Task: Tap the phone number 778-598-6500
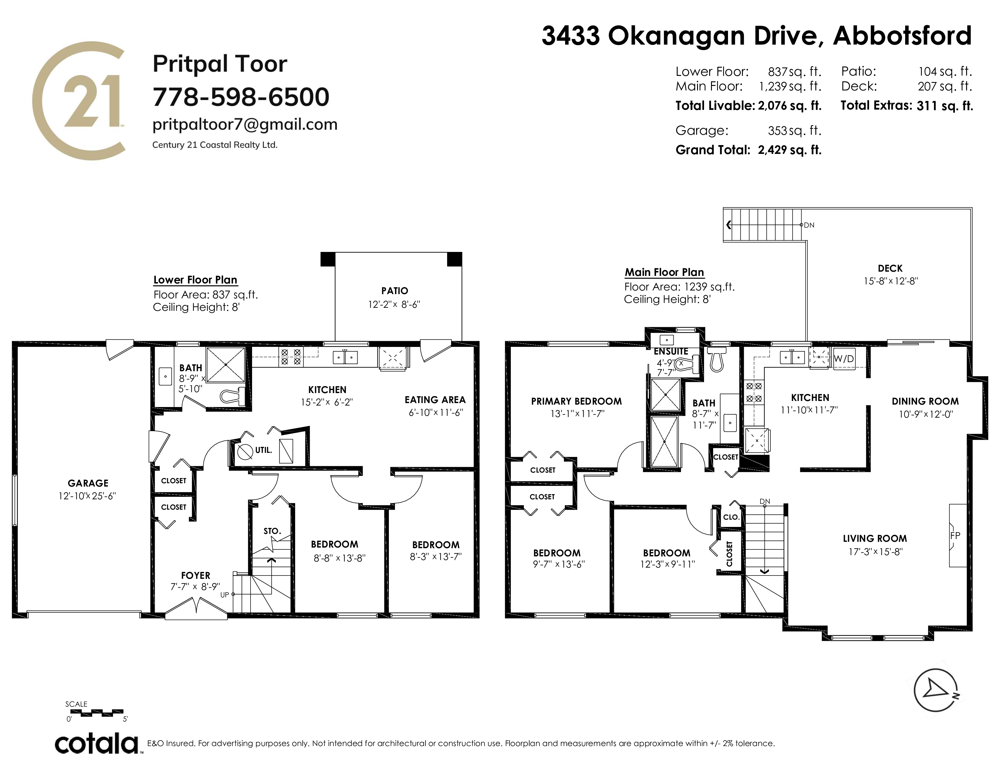pos(241,97)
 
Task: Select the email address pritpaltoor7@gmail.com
pos(245,124)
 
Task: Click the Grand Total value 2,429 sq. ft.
pos(789,150)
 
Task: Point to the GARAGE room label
pos(88,483)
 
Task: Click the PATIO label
pos(394,291)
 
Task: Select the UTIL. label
pos(264,450)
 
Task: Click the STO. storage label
pos(272,531)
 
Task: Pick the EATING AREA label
pos(435,400)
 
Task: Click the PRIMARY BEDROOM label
pos(576,401)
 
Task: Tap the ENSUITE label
pos(671,351)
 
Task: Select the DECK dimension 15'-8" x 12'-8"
pos(891,281)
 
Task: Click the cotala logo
pos(97,743)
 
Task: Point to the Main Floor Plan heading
pos(664,272)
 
